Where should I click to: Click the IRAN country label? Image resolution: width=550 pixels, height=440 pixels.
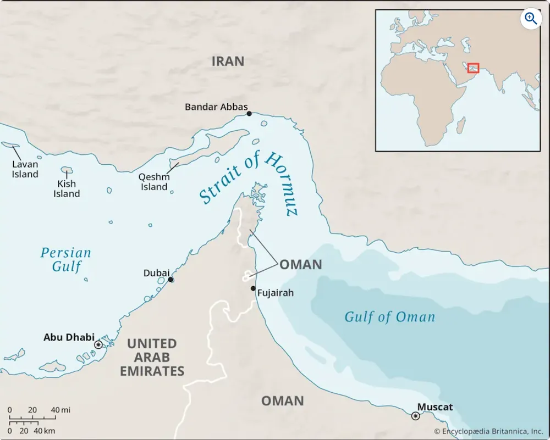(x=228, y=61)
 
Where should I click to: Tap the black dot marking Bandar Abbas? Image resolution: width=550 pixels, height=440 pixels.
(x=249, y=114)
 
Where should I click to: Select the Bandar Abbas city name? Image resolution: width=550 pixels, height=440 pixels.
(x=216, y=107)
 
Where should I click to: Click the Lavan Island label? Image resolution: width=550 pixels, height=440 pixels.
(x=26, y=169)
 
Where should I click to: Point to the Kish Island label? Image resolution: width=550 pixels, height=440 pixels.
(x=67, y=188)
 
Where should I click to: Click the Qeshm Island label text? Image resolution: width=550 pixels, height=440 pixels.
(x=154, y=182)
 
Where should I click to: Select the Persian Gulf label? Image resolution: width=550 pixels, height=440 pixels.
(x=65, y=260)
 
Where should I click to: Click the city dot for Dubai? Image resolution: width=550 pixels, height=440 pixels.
(x=171, y=280)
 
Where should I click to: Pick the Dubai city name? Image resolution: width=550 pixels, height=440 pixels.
(x=156, y=273)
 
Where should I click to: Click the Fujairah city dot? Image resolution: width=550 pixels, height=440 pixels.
(x=253, y=288)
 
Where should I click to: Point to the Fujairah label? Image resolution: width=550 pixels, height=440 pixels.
(x=275, y=293)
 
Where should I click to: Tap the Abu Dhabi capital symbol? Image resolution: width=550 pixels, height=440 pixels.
(x=98, y=344)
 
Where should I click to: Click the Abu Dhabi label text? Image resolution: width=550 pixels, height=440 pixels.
(x=69, y=337)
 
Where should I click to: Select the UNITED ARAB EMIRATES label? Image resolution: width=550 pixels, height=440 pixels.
(x=152, y=357)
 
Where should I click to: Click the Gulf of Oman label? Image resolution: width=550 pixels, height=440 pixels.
(x=389, y=317)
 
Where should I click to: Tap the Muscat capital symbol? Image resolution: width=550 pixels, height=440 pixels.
(x=415, y=416)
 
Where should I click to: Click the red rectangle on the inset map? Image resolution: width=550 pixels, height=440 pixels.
(x=473, y=68)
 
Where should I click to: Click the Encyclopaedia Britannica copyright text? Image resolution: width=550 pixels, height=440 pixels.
(x=488, y=432)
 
